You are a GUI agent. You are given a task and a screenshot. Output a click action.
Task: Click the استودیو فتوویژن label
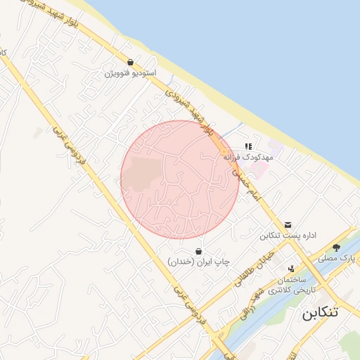coord(131,73)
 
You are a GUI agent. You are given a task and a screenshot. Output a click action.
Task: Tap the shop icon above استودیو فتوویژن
coord(131,62)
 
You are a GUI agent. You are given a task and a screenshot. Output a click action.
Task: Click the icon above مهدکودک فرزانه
coord(247,146)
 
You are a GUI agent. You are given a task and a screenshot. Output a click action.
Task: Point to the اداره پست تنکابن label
coord(285,236)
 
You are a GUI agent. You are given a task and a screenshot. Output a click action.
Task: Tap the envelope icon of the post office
coord(288,224)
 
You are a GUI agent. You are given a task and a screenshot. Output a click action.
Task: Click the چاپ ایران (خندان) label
coord(199,262)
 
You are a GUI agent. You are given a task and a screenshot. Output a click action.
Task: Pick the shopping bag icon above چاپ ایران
coord(199,250)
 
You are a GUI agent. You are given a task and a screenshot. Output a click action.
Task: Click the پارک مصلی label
coord(336,259)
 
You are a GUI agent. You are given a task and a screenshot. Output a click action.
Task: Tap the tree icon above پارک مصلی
coord(337,247)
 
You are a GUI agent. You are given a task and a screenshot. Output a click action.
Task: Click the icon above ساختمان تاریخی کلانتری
coord(292,268)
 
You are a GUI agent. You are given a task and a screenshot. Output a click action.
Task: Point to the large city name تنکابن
coord(320,312)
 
